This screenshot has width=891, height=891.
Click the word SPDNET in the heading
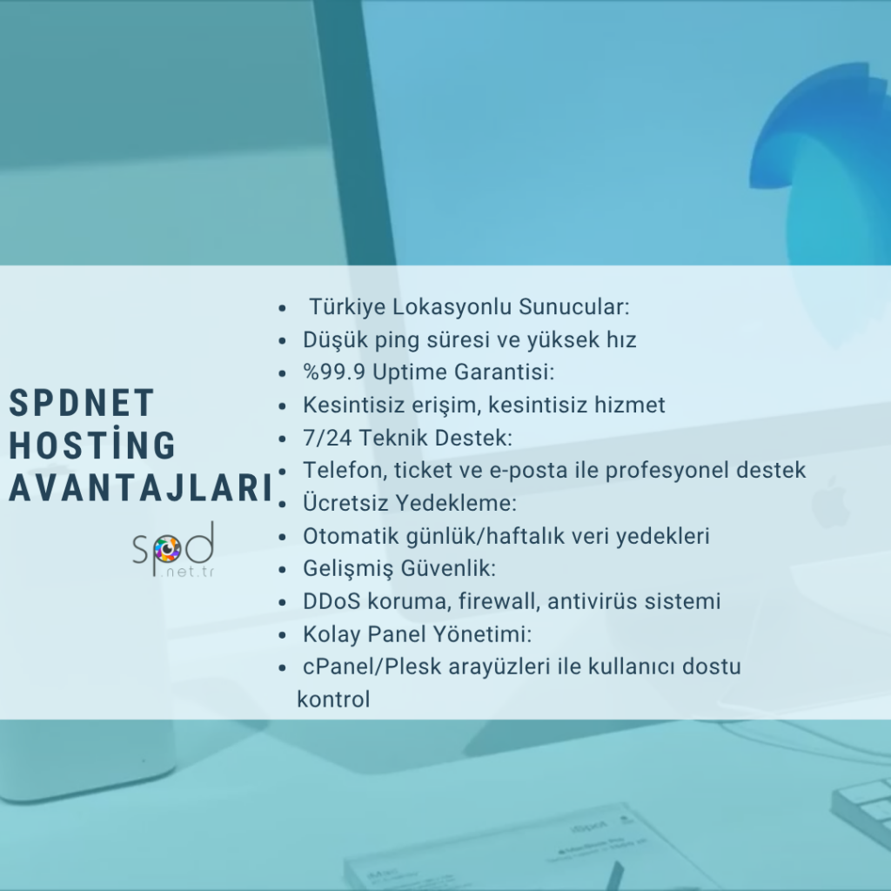[82, 403]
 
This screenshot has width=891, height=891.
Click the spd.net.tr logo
[173, 550]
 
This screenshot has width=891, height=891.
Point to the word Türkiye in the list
[346, 307]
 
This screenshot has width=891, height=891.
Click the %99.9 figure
[334, 372]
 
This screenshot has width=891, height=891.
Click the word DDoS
[332, 601]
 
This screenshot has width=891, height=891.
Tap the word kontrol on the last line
[333, 700]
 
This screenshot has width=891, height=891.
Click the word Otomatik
[351, 536]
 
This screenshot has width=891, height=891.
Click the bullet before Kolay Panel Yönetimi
[283, 635]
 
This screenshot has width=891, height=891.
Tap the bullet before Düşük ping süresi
[283, 341]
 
